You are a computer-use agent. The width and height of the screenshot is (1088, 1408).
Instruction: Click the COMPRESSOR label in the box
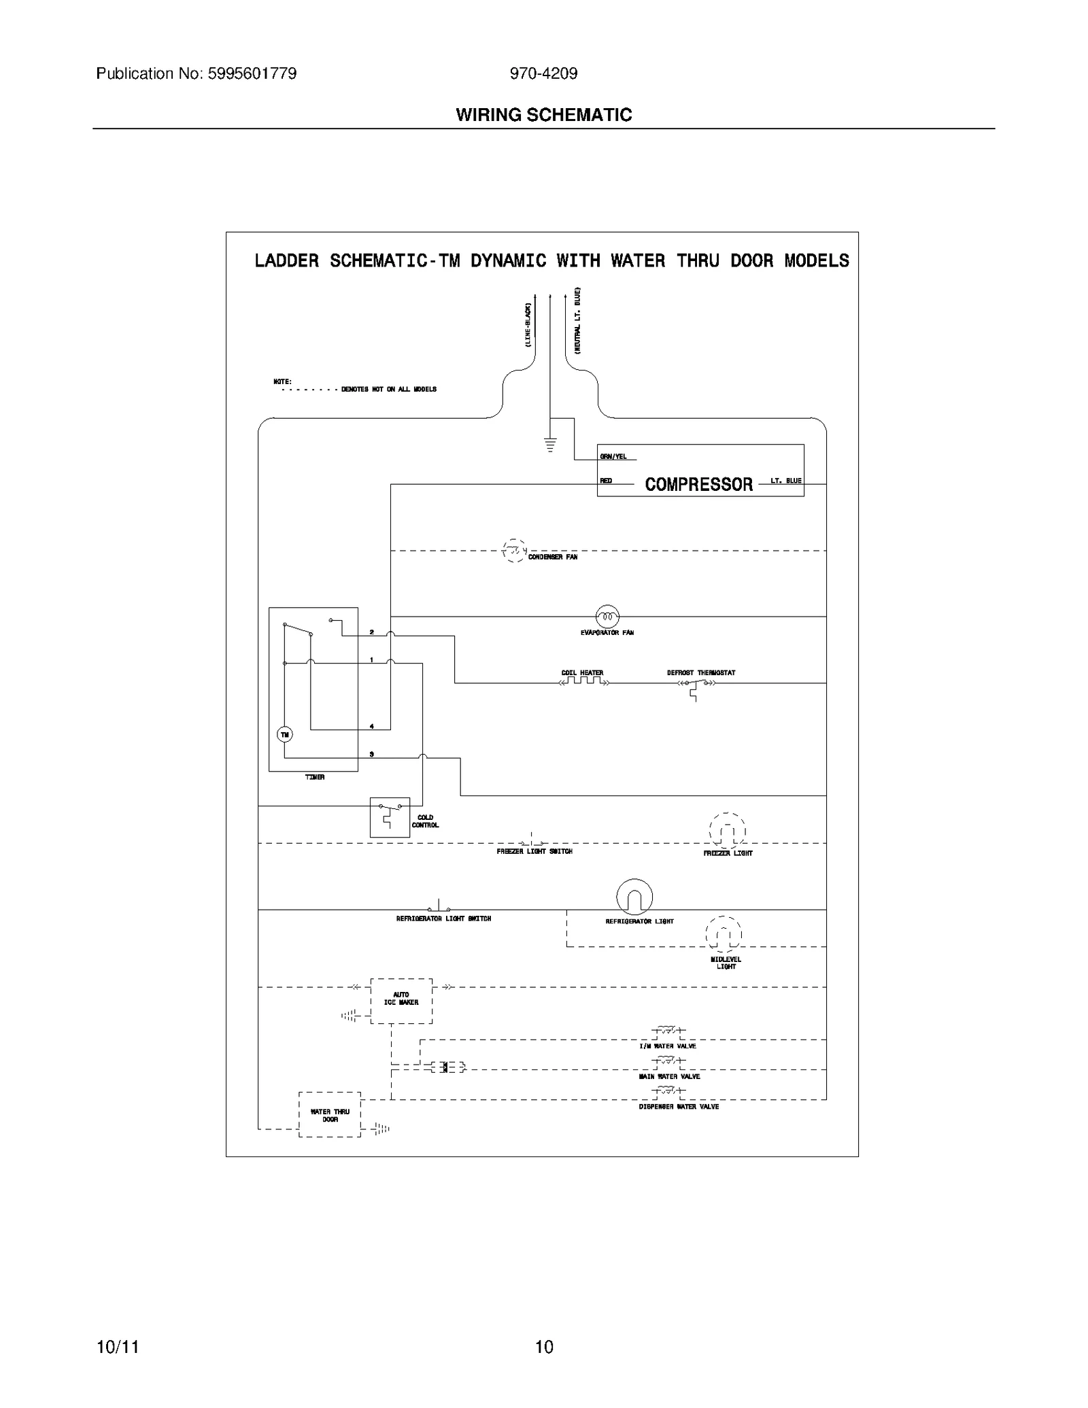pyautogui.click(x=698, y=484)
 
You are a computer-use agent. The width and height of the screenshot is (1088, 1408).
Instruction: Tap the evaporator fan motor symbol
pyautogui.click(x=607, y=617)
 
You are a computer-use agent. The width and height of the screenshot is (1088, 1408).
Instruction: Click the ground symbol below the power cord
pyautogui.click(x=550, y=445)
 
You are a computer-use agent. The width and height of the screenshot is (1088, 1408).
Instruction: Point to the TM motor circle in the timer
pyautogui.click(x=284, y=734)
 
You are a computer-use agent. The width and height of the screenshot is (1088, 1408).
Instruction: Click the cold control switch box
pyautogui.click(x=390, y=817)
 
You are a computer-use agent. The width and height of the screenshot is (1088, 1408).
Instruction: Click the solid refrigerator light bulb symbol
pyautogui.click(x=634, y=897)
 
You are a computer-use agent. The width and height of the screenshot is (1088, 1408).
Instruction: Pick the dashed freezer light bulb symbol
pyautogui.click(x=728, y=831)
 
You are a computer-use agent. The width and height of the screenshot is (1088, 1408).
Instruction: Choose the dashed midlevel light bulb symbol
pyautogui.click(x=724, y=933)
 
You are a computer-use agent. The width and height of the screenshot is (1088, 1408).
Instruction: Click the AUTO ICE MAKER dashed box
pyautogui.click(x=401, y=1001)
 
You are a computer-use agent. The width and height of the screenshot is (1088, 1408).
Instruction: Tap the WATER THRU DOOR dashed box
pyautogui.click(x=330, y=1115)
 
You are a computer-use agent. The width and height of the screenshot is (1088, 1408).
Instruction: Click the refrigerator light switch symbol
pyautogui.click(x=439, y=907)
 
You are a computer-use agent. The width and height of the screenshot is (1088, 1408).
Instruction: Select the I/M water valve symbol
pyautogui.click(x=668, y=1032)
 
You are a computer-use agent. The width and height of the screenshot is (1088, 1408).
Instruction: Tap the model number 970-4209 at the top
pyautogui.click(x=543, y=73)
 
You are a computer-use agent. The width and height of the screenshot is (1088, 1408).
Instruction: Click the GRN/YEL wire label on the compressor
pyautogui.click(x=613, y=456)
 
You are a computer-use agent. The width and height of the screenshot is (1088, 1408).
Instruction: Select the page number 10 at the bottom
pyautogui.click(x=544, y=1346)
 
